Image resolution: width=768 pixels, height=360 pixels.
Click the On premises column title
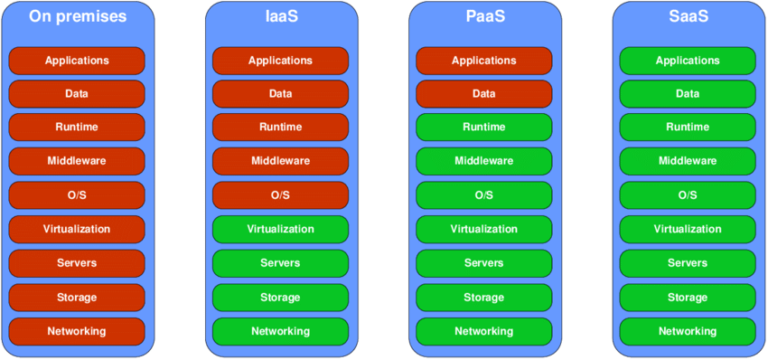(77, 17)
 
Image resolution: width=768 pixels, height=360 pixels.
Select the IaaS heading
(280, 17)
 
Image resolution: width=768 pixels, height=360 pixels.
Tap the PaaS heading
(484, 17)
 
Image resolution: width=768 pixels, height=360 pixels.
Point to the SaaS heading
(687, 17)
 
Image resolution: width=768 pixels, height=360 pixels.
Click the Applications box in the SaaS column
(687, 61)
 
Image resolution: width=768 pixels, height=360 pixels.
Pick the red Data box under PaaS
(484, 94)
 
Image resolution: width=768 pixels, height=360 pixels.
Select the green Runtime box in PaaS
(484, 128)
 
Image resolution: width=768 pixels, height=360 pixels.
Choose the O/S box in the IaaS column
(280, 195)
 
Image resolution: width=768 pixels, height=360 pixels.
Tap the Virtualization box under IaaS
(280, 229)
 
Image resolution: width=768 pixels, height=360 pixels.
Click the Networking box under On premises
(77, 331)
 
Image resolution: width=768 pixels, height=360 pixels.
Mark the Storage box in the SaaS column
(687, 297)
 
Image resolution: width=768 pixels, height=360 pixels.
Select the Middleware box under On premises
(77, 161)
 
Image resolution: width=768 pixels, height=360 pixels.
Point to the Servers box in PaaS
(484, 263)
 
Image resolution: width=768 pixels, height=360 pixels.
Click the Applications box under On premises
(77, 61)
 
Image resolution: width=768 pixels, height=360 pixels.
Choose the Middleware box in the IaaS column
(280, 161)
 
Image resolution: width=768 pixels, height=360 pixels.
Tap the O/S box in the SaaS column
(687, 195)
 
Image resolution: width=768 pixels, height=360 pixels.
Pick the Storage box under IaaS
(280, 297)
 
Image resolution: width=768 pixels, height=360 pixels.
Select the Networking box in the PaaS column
(484, 331)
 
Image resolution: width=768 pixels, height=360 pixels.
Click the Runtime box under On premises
(77, 128)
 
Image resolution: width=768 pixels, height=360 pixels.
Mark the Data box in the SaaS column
(687, 94)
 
